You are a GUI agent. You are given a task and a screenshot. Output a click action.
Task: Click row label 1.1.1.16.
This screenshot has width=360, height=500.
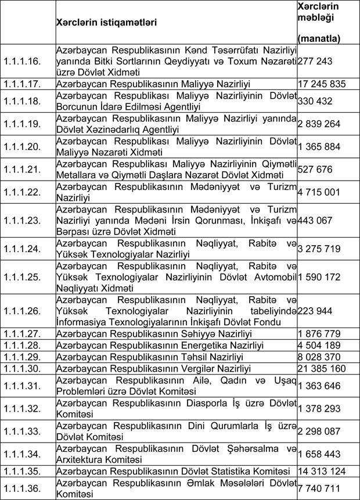point(21,60)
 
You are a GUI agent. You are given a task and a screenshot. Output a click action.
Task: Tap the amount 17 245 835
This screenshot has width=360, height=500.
point(321,84)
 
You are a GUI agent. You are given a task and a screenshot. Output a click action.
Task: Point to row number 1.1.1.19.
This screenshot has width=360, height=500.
point(21,124)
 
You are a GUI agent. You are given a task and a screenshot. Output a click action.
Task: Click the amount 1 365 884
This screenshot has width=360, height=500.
point(318,146)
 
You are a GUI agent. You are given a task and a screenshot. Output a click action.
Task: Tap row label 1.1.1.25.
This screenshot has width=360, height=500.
point(21,276)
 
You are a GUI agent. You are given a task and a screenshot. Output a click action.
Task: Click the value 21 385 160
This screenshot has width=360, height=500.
point(321,368)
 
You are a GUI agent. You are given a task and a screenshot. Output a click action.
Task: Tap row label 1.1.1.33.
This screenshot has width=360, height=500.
point(21,431)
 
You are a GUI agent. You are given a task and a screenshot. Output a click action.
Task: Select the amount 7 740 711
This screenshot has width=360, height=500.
point(318,487)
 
